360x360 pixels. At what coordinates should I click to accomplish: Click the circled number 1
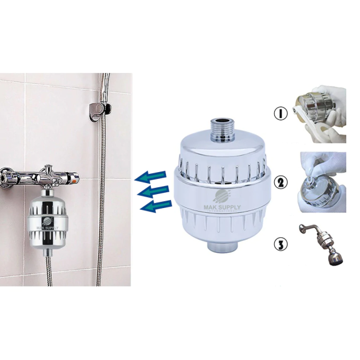click(x=281, y=114)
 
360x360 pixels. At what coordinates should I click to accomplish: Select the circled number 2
click(x=280, y=181)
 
